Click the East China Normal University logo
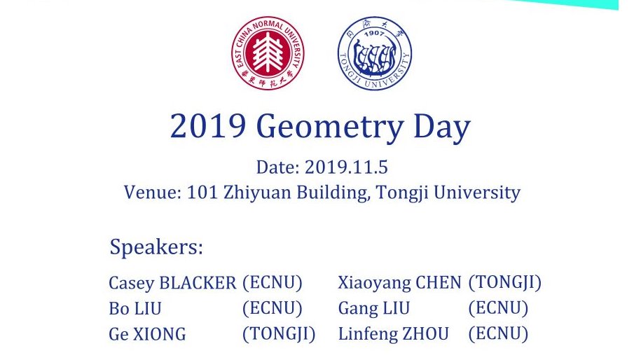pyautogui.click(x=268, y=53)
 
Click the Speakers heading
pyautogui.click(x=156, y=247)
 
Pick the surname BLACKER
pyautogui.click(x=198, y=284)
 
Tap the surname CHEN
pyautogui.click(x=439, y=284)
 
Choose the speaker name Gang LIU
pyautogui.click(x=374, y=309)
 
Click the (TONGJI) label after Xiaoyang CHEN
pyautogui.click(x=505, y=283)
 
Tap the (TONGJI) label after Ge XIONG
pyautogui.click(x=279, y=334)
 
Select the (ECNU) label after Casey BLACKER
pyautogui.click(x=272, y=283)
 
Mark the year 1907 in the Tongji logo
pyautogui.click(x=374, y=34)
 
